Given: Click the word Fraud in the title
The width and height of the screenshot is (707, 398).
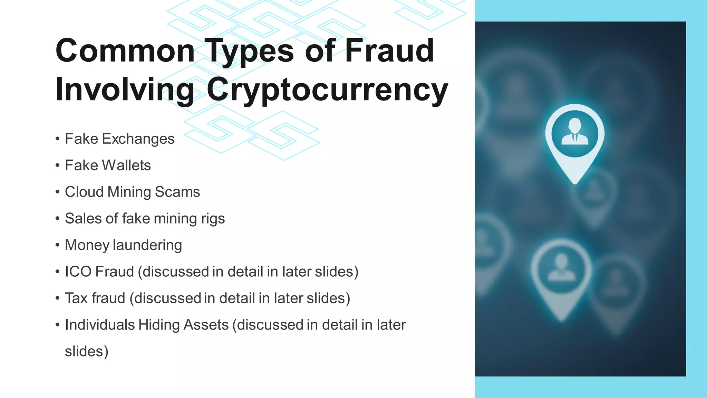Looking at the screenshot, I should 389,51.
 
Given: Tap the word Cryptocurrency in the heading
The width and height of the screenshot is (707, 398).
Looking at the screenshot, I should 327,89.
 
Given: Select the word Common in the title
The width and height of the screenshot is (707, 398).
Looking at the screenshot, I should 125,51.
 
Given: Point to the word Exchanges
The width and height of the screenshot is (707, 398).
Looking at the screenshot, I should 138,139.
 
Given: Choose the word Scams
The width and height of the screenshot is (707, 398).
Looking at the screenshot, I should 177,192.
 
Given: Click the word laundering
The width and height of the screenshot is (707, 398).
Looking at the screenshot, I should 147,246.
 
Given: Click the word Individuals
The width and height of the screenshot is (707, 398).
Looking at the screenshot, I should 100,325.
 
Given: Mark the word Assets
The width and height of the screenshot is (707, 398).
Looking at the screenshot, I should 206,325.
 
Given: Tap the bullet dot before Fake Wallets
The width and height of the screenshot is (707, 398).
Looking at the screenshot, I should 58,165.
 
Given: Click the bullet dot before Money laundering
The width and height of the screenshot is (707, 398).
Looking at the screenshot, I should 58,245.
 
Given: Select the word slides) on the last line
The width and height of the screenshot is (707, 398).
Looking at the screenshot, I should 87,352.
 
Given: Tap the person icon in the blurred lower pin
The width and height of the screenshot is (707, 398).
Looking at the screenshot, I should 561,267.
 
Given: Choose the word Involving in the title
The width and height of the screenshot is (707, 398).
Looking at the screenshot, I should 125,89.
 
